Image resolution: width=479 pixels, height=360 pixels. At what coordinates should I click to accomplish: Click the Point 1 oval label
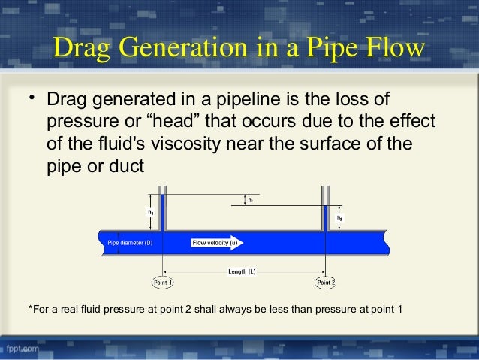163,282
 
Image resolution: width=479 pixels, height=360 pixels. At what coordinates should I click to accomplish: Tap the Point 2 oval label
325,282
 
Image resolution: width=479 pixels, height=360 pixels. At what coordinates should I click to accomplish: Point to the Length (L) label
242,271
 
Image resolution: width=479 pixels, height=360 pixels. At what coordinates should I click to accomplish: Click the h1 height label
151,213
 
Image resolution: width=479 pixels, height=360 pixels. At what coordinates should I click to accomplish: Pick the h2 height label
339,218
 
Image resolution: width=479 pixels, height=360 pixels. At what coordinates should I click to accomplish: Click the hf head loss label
250,201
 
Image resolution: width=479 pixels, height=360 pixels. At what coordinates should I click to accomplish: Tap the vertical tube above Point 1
162,210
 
